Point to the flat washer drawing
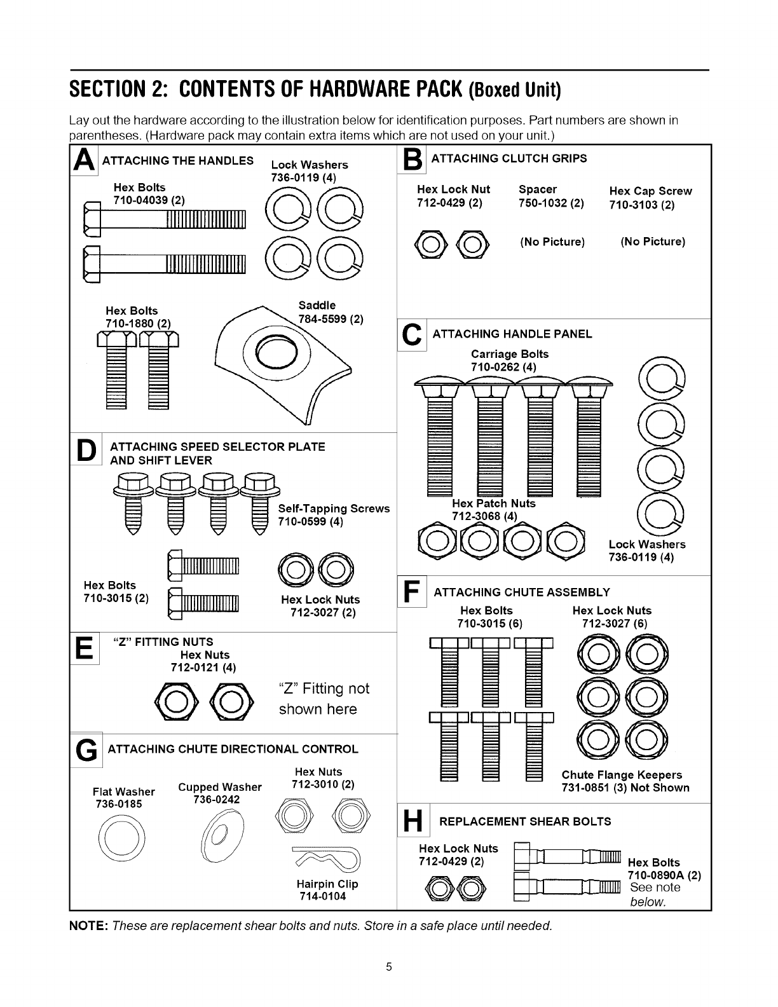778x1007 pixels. coord(122,839)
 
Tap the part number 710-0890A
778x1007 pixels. coord(665,875)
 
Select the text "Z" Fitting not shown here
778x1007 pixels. coord(324,699)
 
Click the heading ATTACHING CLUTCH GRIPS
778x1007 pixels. coord(508,158)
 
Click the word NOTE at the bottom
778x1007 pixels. coord(88,925)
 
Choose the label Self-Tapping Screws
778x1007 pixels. coord(334,509)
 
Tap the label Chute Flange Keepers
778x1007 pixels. coord(621,775)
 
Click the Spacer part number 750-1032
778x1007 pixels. coord(550,203)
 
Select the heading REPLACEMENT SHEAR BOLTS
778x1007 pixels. coord(525,821)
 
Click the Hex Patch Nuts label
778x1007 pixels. coord(493,503)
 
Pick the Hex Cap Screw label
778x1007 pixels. coord(650,191)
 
